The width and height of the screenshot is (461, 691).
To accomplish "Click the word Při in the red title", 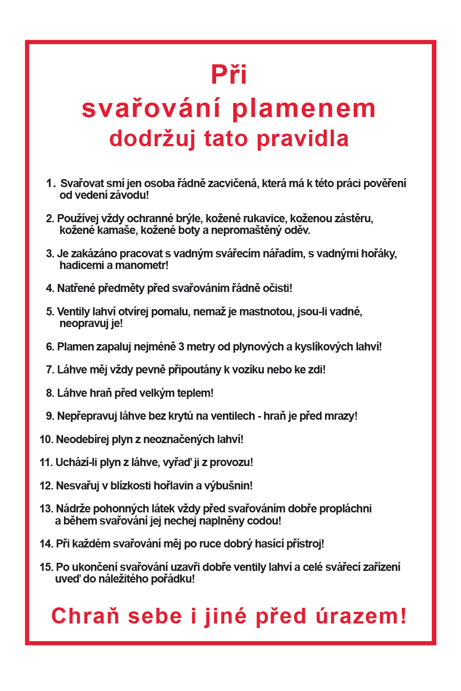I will [x=229, y=75].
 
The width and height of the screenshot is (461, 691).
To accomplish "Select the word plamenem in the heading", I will [x=304, y=109].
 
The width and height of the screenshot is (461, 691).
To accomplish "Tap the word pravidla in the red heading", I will [x=303, y=139].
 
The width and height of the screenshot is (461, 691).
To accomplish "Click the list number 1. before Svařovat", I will [x=51, y=184].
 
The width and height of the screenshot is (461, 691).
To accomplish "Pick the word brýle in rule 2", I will [x=189, y=219].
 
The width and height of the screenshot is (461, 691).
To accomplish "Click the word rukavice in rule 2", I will [x=264, y=219].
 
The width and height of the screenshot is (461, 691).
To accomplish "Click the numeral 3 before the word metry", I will [x=181, y=347].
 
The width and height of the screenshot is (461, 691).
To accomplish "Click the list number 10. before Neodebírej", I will [x=46, y=440].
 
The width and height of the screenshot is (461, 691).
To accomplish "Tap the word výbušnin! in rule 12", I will [x=228, y=486].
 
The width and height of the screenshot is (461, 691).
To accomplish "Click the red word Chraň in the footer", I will [x=85, y=616].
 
